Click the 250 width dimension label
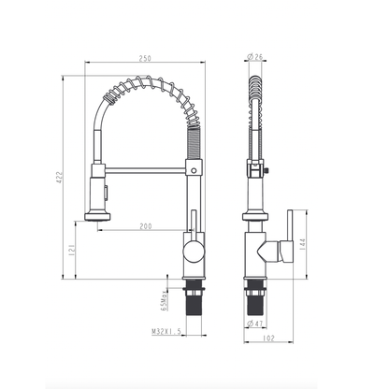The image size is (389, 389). click(x=145, y=58)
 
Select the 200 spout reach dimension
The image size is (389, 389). click(x=146, y=226)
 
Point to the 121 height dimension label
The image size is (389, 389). click(x=72, y=250)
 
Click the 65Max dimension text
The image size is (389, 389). click(x=164, y=300)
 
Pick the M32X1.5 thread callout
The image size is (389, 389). click(x=166, y=332)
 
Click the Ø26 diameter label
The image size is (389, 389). click(x=255, y=57)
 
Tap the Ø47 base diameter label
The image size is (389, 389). click(x=255, y=324)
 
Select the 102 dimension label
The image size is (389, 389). click(x=268, y=339)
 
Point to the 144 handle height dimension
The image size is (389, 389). click(x=303, y=245)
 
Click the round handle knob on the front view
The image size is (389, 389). click(x=194, y=252)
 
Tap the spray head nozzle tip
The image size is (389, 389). click(x=97, y=217)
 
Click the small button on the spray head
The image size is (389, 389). click(x=107, y=192)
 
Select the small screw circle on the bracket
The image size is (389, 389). click(x=194, y=170)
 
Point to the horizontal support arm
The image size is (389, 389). click(x=146, y=170)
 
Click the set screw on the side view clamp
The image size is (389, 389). click(x=267, y=170)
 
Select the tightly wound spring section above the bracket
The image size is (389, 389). click(x=194, y=143)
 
